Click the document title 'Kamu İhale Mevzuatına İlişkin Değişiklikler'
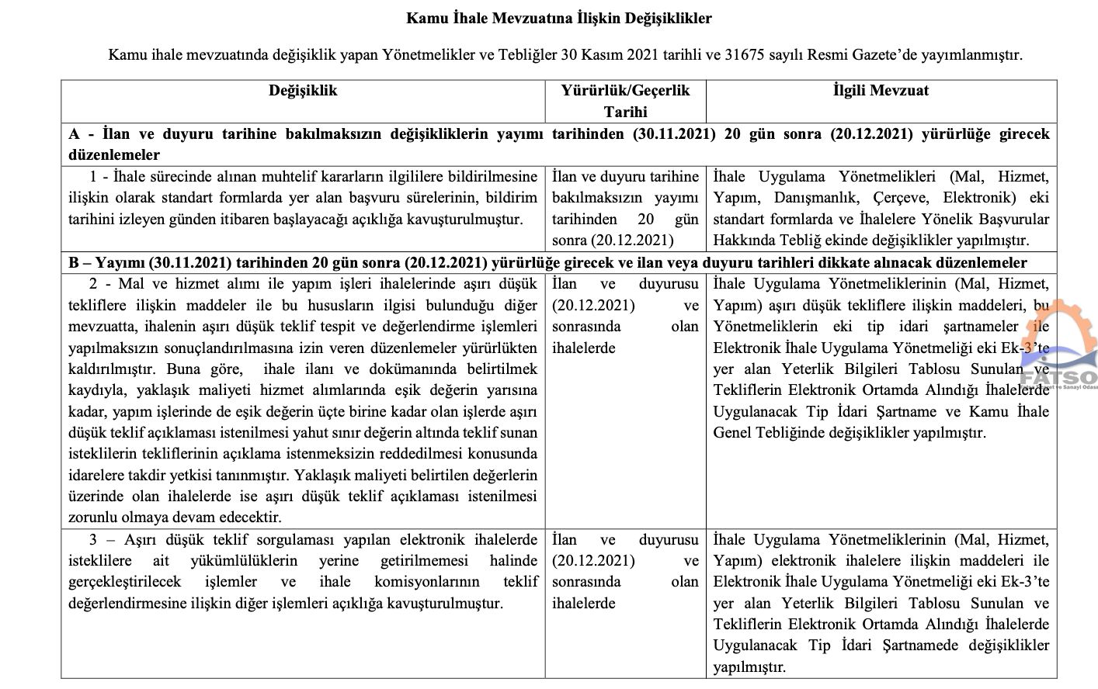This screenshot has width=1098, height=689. click(558, 18)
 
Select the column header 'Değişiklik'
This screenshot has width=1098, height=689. click(303, 91)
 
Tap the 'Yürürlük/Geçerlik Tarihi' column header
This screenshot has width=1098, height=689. click(625, 101)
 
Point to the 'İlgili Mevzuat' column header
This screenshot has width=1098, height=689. click(881, 91)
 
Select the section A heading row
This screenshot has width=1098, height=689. click(558, 144)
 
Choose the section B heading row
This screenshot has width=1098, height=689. click(547, 263)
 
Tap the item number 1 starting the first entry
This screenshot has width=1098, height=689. click(94, 177)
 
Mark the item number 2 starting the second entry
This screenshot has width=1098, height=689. click(94, 285)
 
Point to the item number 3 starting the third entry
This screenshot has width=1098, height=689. click(94, 540)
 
